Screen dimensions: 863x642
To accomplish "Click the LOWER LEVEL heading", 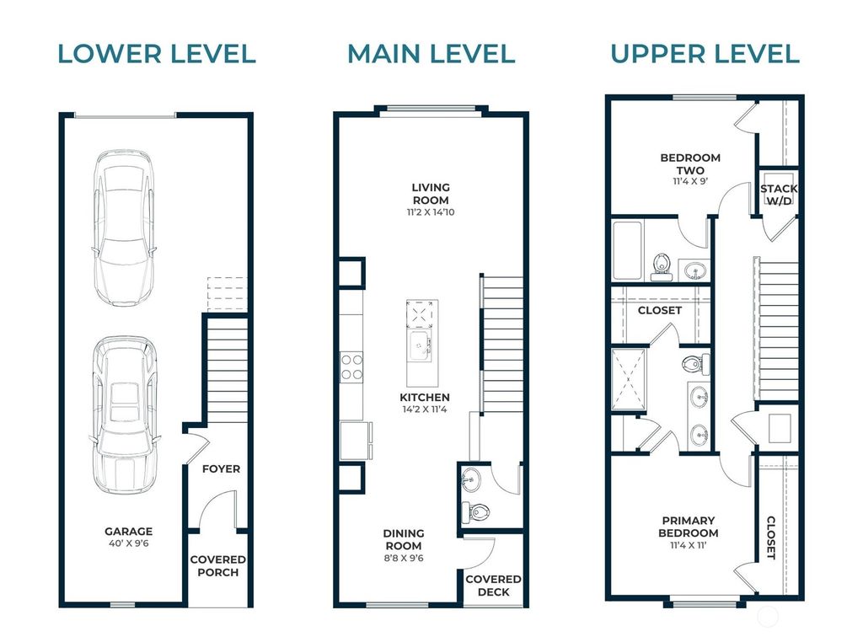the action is [157, 54].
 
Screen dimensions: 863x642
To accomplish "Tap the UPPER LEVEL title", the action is [705, 54].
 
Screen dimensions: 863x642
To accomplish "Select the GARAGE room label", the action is [129, 532].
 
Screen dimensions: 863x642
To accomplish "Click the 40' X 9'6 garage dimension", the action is [129, 543].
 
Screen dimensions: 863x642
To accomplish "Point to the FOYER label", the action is [222, 468].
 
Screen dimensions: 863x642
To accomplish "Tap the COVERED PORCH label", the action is [218, 566].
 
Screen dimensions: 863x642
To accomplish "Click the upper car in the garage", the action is [124, 227].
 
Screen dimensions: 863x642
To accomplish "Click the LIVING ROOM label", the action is [431, 194].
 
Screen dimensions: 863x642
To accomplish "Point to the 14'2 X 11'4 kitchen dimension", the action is [425, 409].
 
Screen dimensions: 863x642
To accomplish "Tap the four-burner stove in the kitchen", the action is [351, 367].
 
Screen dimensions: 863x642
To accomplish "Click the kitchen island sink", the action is [420, 345].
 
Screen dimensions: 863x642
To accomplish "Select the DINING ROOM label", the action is [404, 540].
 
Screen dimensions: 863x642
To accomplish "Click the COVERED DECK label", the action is [493, 586].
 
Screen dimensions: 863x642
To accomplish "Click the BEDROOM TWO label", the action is [690, 164].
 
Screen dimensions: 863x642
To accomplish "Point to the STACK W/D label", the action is [779, 195].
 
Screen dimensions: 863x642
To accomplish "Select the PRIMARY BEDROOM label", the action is [688, 527].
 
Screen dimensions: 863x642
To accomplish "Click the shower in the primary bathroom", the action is [629, 380].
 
